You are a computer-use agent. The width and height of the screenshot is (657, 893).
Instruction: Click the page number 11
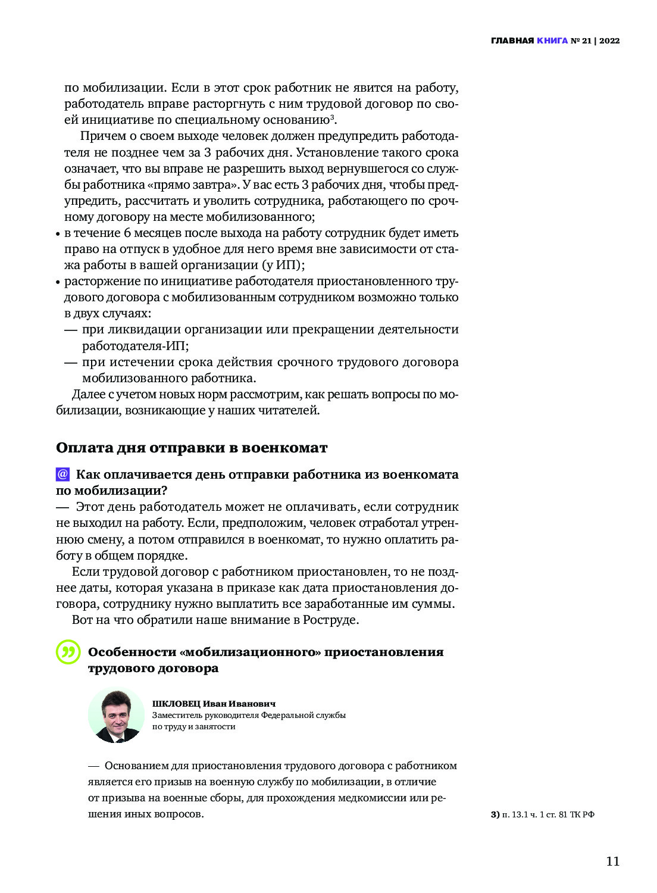[612, 861]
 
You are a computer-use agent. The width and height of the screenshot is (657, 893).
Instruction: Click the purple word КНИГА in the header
[552, 40]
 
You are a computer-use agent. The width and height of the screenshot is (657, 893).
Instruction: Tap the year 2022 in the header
[609, 40]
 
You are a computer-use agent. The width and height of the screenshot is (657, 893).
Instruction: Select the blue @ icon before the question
[62, 474]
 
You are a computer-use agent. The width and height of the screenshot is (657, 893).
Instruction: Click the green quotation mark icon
[68, 652]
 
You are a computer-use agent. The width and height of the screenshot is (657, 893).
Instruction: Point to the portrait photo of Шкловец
[116, 716]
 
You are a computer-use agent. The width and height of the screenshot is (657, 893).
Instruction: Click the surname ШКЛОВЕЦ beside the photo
[176, 704]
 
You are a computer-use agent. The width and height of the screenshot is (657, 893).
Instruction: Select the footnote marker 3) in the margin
[495, 814]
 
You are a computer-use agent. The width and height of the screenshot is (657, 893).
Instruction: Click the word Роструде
[330, 620]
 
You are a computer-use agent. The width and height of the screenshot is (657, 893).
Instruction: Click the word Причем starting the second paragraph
[99, 136]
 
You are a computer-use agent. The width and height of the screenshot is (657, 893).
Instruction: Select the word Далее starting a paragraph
[89, 394]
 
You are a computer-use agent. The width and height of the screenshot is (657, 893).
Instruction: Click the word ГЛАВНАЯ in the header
[512, 40]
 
